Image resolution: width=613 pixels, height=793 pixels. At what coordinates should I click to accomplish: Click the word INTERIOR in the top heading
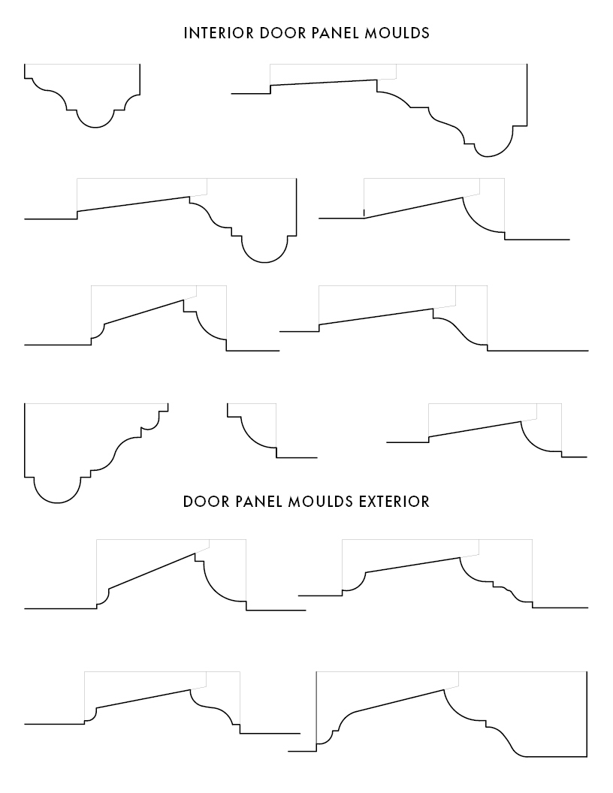[219, 33]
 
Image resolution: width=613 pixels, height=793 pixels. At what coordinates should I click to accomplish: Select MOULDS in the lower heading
[321, 502]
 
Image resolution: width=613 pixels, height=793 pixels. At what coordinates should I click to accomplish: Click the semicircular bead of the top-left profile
[95, 128]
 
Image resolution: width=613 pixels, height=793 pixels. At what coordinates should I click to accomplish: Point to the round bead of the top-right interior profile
[488, 156]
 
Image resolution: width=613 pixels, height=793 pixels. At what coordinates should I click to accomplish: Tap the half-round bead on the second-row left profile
[264, 262]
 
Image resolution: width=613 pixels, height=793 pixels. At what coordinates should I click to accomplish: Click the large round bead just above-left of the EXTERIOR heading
[57, 502]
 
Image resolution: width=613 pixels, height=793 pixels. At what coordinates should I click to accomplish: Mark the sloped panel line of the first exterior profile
[152, 571]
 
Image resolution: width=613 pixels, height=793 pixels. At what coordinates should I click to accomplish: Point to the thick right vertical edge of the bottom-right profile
[587, 714]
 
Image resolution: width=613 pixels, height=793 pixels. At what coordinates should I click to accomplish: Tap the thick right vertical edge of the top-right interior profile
[527, 95]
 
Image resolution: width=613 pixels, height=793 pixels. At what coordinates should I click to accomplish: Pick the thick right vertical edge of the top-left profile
[140, 79]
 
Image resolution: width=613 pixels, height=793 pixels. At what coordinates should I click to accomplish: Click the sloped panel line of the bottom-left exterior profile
[143, 698]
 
